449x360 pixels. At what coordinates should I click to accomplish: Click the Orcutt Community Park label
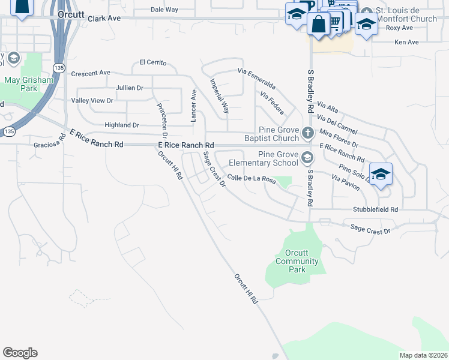[x=297, y=261]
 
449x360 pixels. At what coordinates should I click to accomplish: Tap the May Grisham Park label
[x=20, y=84]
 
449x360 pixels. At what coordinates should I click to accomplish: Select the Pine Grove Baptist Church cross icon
[x=307, y=133]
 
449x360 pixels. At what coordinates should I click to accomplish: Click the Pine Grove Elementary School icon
[x=307, y=158]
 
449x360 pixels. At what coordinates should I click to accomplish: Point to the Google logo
[x=20, y=353]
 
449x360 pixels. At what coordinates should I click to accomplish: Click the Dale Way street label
[x=164, y=10]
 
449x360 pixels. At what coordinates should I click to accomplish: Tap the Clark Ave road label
[x=104, y=19]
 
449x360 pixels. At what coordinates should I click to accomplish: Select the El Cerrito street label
[x=152, y=62]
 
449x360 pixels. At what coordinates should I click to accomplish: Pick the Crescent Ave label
[x=91, y=73]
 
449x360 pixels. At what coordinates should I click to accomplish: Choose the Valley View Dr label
[x=92, y=100]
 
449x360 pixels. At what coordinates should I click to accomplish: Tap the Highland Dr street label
[x=122, y=125]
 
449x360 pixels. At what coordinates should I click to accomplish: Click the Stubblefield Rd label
[x=375, y=210]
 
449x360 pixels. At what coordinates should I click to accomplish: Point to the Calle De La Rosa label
[x=252, y=179]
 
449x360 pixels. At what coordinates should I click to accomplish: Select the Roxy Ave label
[x=399, y=28]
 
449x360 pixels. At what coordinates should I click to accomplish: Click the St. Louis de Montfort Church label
[x=406, y=15]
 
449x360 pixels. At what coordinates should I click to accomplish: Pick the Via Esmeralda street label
[x=256, y=79]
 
